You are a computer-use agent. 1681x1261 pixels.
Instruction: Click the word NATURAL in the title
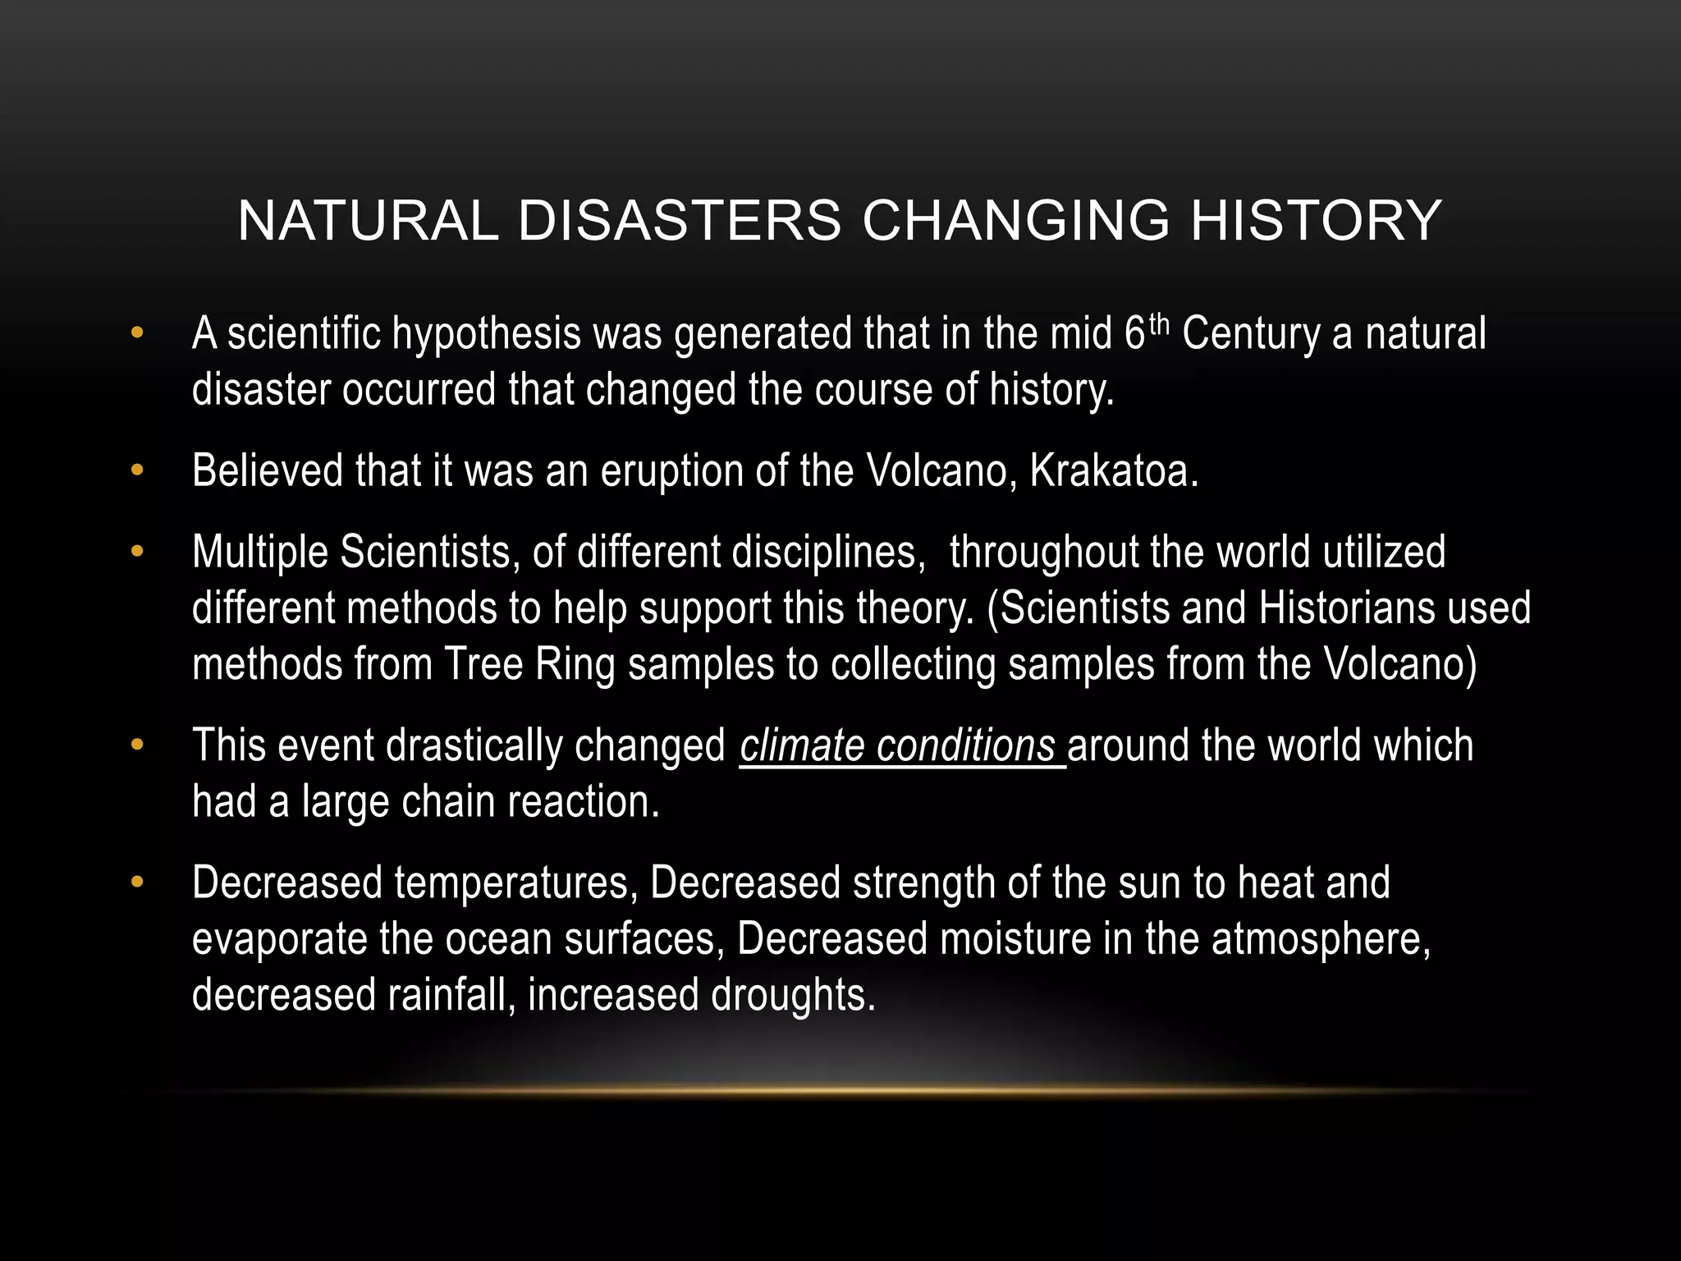(368, 221)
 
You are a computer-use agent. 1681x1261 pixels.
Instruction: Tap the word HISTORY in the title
(1316, 221)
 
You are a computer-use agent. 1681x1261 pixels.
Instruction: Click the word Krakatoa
(1113, 471)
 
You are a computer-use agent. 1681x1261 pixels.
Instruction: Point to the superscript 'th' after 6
(1157, 325)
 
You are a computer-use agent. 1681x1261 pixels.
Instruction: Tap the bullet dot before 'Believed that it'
(136, 470)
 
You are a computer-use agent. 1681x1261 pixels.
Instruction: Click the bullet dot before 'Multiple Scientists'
(136, 552)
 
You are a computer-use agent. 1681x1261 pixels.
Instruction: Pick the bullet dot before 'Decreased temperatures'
(136, 883)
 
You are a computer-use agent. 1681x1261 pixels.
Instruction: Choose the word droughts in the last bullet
(793, 995)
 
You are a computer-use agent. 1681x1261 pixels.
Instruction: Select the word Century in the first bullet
(1252, 335)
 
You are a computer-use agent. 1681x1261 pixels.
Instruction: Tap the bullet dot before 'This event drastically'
(136, 745)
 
